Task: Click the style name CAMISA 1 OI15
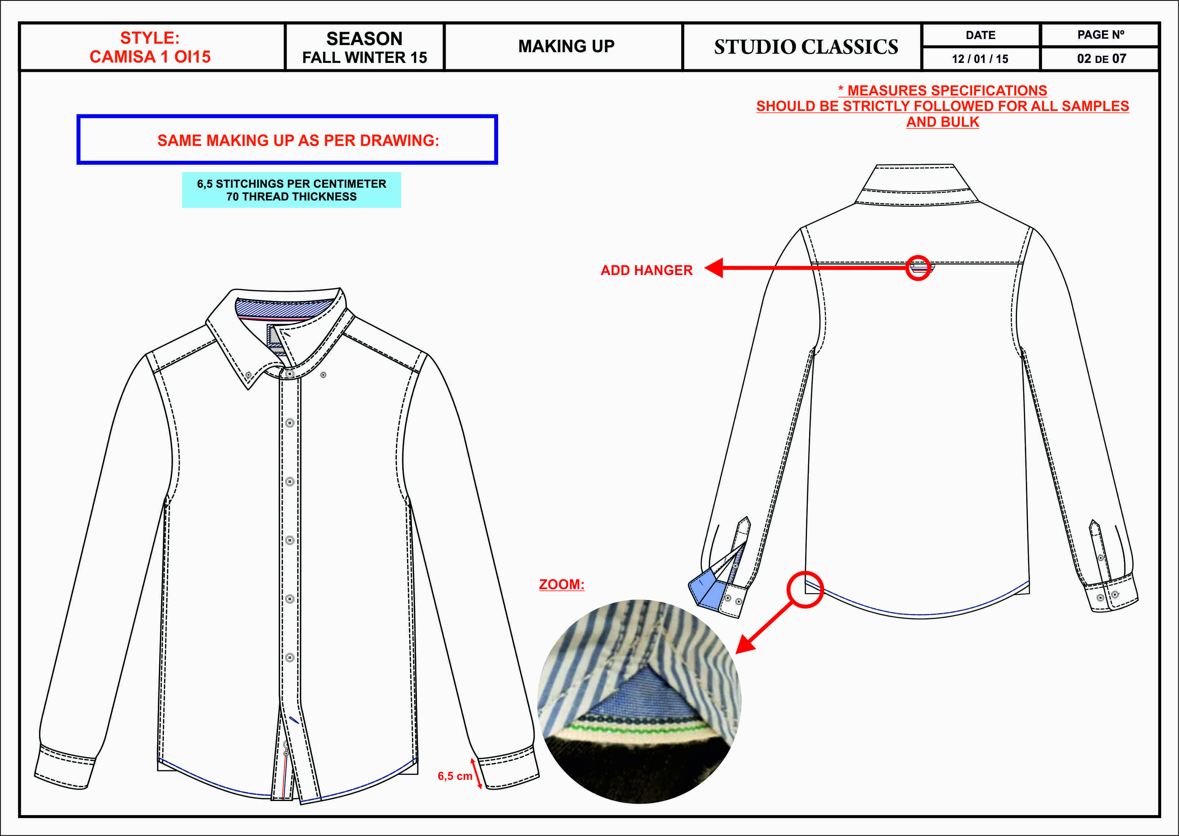(x=150, y=56)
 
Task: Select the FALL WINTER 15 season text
(x=364, y=58)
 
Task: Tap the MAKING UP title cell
(x=566, y=46)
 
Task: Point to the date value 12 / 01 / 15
(x=980, y=59)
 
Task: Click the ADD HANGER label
(x=647, y=270)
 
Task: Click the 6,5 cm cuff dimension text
(x=455, y=776)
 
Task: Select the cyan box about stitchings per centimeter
(x=291, y=190)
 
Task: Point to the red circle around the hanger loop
(x=918, y=268)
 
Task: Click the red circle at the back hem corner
(x=804, y=590)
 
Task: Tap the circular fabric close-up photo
(x=639, y=701)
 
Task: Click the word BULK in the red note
(x=960, y=122)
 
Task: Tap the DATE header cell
(x=980, y=35)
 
